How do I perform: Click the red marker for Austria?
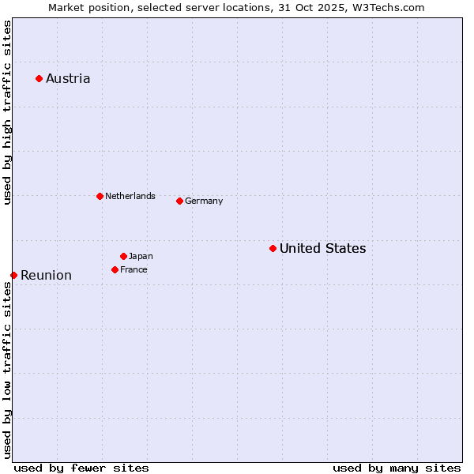click(39, 78)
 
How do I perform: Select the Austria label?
click(68, 78)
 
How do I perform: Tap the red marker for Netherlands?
click(100, 196)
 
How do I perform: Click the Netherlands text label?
click(130, 196)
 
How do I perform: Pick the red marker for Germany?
click(179, 201)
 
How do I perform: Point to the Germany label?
click(204, 201)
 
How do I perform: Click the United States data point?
click(273, 248)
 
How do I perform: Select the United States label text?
click(322, 248)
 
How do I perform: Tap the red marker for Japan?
click(123, 256)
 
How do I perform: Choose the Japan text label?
click(141, 256)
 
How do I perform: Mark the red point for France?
click(115, 269)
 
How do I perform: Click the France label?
click(134, 269)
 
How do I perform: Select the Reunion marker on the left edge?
click(13, 275)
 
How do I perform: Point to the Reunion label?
click(46, 275)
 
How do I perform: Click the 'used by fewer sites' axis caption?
click(81, 468)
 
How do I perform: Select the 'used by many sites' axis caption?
click(397, 468)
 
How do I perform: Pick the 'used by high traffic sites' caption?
click(7, 112)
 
